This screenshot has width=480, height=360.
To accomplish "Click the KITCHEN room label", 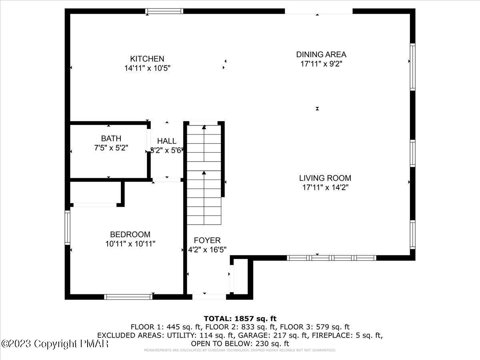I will pyautogui.click(x=147, y=59).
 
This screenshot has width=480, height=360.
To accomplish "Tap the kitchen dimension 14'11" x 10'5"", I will pyautogui.click(x=147, y=68).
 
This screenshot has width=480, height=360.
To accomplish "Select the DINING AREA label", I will pyautogui.click(x=321, y=54).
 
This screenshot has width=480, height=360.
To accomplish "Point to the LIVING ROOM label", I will pyautogui.click(x=325, y=178).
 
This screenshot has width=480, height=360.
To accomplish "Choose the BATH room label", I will pyautogui.click(x=111, y=138).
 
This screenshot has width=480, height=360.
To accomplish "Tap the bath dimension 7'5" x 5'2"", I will pyautogui.click(x=111, y=148).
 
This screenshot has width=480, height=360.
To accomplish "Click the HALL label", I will pyautogui.click(x=166, y=141).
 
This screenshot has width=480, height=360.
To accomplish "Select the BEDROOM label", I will pyautogui.click(x=130, y=234).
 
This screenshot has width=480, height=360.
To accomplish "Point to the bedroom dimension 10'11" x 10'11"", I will pyautogui.click(x=130, y=244).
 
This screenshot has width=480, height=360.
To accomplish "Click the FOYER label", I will pyautogui.click(x=207, y=240).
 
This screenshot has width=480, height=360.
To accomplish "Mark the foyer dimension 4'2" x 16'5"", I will pyautogui.click(x=207, y=250).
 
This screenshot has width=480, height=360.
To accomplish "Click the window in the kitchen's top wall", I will pyautogui.click(x=164, y=11).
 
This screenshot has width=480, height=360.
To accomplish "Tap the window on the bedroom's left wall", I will pyautogui.click(x=68, y=227).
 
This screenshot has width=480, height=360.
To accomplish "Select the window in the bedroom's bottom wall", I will pyautogui.click(x=128, y=297).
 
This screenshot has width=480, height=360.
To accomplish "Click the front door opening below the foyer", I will pyautogui.click(x=209, y=297).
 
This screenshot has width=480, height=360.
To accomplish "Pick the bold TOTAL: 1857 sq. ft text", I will pyautogui.click(x=240, y=318).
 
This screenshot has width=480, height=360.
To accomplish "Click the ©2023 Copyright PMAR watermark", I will pyautogui.click(x=54, y=344).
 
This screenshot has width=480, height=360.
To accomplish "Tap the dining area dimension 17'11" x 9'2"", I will pyautogui.click(x=321, y=64).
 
